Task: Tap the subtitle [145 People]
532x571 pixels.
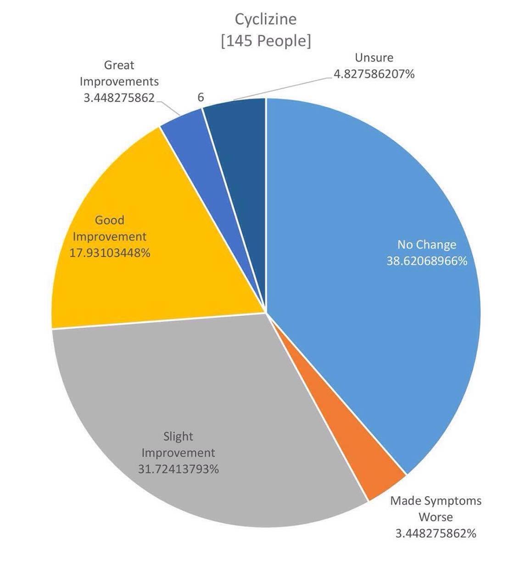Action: [x=266, y=40]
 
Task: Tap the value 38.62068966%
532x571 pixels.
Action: [x=427, y=261]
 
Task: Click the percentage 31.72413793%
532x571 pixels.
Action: [x=178, y=469]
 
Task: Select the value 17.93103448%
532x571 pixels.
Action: [x=110, y=253]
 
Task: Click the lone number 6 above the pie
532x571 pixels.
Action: [x=201, y=97]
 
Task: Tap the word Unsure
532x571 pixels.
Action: [x=374, y=58]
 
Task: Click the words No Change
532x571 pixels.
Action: [x=427, y=244]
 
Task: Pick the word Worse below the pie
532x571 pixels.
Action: [x=436, y=517]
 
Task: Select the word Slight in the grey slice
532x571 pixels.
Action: [x=178, y=436]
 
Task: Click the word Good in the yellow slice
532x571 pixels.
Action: [x=110, y=220]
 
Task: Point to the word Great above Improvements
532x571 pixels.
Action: [x=119, y=65]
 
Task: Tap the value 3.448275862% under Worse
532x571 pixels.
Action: [x=436, y=533]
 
